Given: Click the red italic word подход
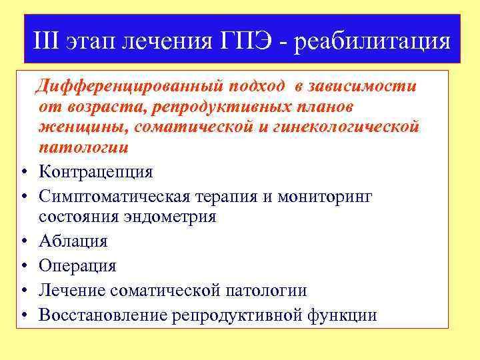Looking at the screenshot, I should pos(255,86).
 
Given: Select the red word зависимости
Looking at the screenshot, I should pos(365,86).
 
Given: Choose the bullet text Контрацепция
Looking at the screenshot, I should pos(95,172).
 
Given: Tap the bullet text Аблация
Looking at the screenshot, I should pos(73,241).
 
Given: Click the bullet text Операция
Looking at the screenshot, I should pos(77,266).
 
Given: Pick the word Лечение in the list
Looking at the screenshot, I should pos(73,290).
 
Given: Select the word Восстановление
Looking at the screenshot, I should pos(103,315).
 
